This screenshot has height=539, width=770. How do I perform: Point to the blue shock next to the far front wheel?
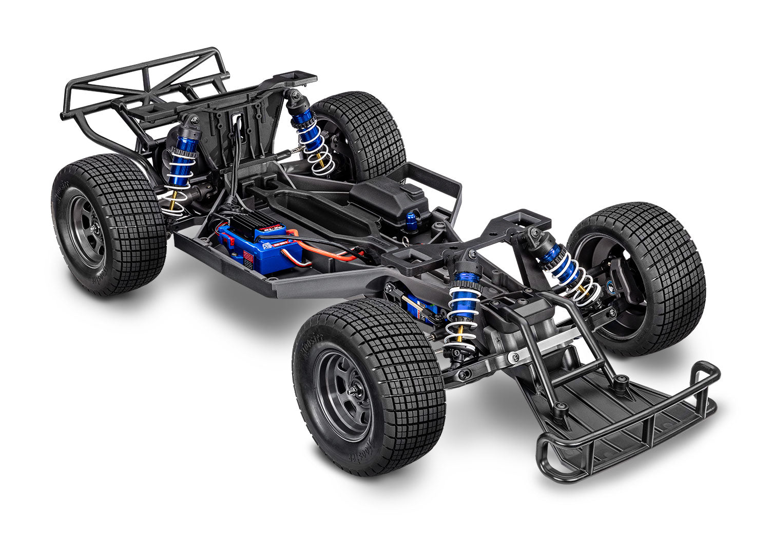(x=565, y=267)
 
